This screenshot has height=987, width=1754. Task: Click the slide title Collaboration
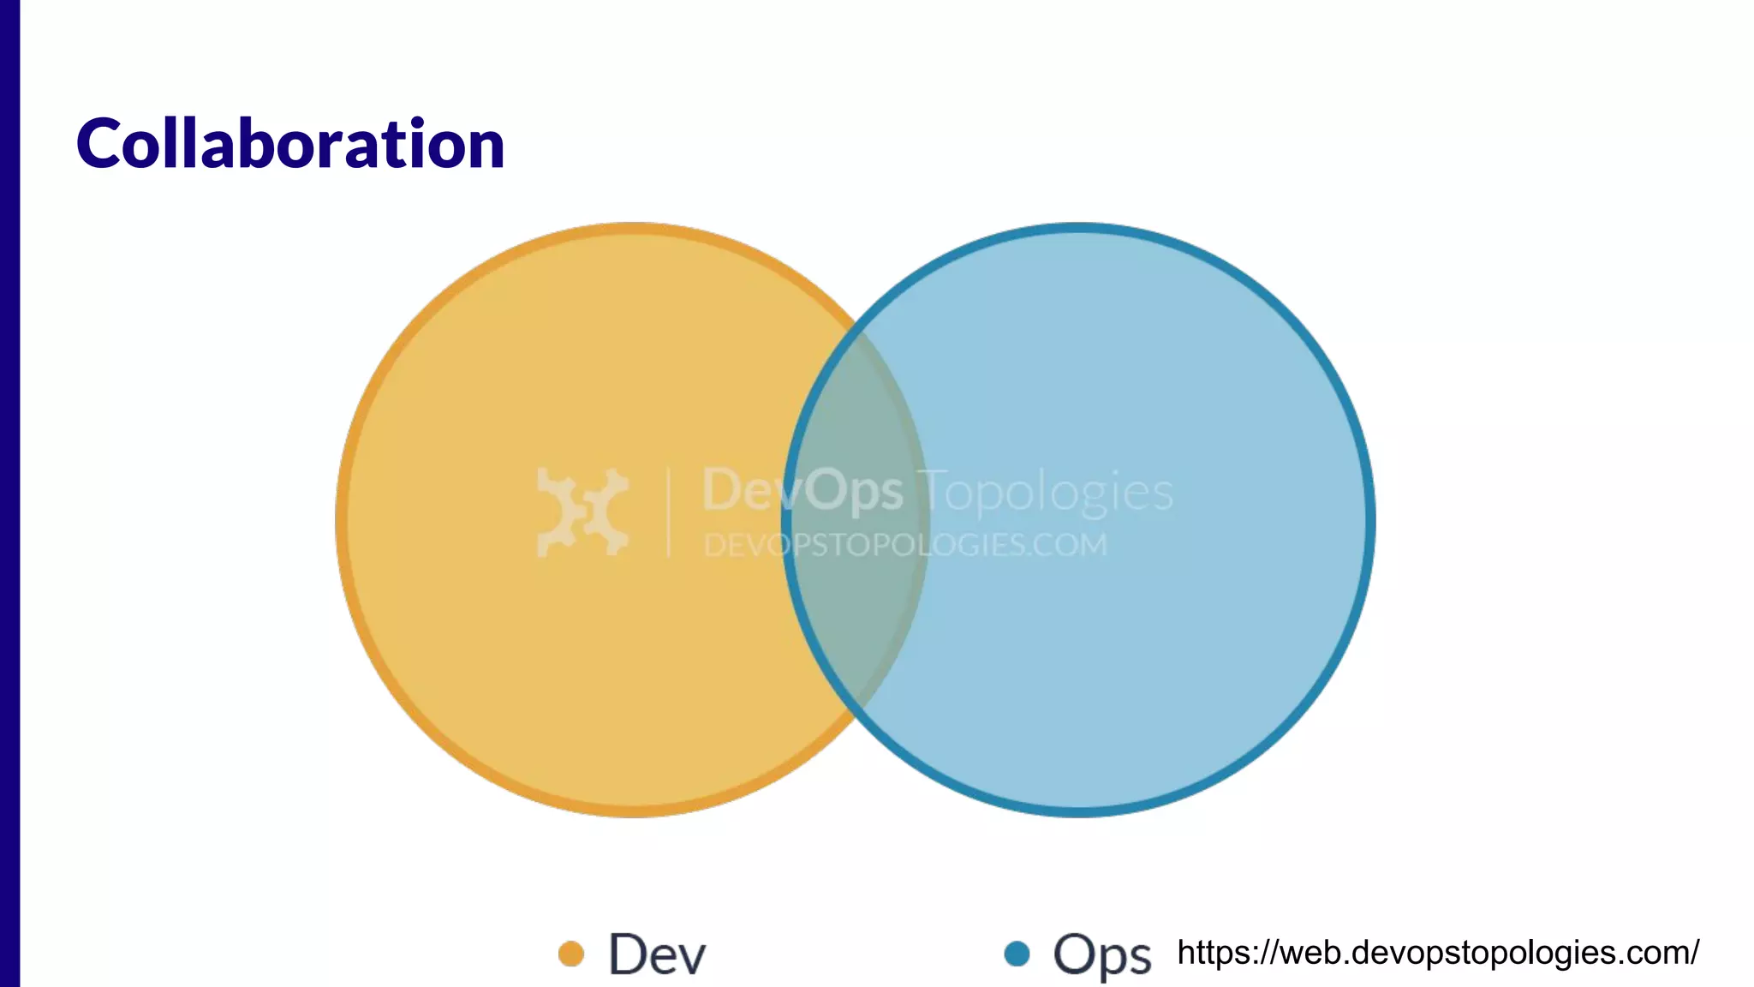click(x=290, y=144)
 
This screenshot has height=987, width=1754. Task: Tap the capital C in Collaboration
click(x=98, y=144)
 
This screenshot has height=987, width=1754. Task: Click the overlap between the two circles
click(x=856, y=520)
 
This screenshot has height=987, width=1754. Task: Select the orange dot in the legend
click(x=570, y=954)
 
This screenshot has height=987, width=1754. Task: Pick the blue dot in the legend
click(x=1017, y=954)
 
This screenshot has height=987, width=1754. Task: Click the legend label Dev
click(x=657, y=954)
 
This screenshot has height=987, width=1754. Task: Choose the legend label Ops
click(x=1101, y=954)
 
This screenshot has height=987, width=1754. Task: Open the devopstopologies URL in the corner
click(x=1438, y=953)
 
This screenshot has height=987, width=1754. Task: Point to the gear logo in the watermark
click(x=582, y=512)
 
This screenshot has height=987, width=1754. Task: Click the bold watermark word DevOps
click(x=802, y=491)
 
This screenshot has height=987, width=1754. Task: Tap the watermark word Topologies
click(x=1046, y=492)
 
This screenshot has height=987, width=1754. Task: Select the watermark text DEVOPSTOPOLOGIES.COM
click(x=905, y=545)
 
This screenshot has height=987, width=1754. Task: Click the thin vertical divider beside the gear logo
click(x=669, y=512)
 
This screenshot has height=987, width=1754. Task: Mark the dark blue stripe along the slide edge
click(x=9, y=493)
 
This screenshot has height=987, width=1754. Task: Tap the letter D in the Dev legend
click(x=627, y=954)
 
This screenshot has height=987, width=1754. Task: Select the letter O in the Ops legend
click(x=1076, y=953)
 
